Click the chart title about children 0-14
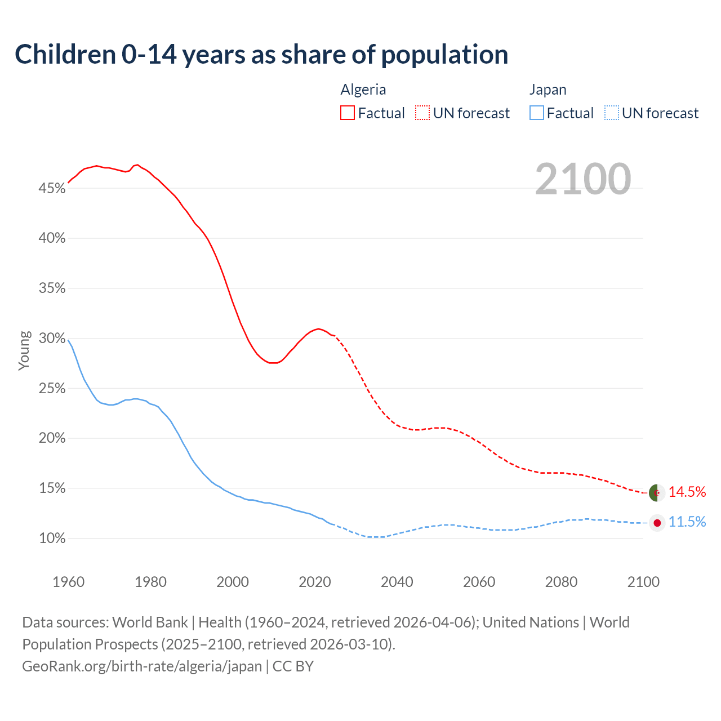point(261,55)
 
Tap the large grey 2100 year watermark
point(582,179)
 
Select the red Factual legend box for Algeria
point(348,113)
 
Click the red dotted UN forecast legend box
point(422,113)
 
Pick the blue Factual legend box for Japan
point(537,113)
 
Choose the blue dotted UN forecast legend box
point(611,113)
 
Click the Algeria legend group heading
point(363,90)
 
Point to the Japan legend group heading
point(548,90)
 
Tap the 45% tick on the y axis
point(52,188)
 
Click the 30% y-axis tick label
point(52,338)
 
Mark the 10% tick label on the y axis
point(52,538)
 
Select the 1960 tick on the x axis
point(68,582)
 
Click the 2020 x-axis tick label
point(314,582)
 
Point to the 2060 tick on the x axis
point(479,582)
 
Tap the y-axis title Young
point(24,350)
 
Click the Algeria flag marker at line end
point(656,492)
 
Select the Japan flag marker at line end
point(657,523)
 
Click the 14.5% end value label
point(687,492)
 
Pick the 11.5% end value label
point(687,522)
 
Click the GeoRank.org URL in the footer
point(142,666)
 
